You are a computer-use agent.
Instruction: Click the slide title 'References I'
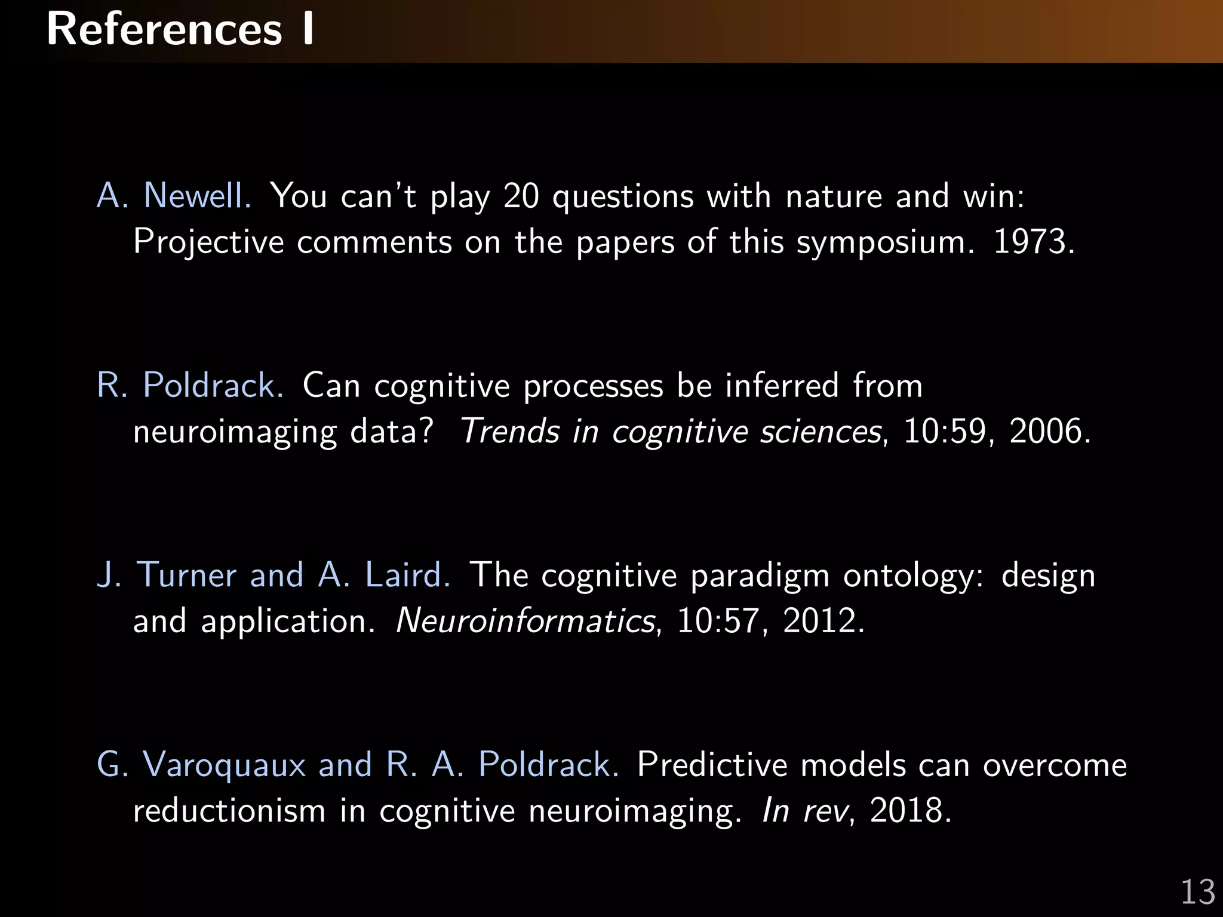[x=179, y=30]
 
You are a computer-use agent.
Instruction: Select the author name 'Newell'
[x=197, y=196]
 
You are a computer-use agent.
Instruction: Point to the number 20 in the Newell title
[x=521, y=196]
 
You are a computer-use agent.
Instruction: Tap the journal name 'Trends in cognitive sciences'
[x=671, y=431]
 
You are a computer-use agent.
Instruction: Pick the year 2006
[x=1049, y=431]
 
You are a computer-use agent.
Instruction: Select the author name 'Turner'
[x=187, y=575]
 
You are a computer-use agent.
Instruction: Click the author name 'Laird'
[x=407, y=575]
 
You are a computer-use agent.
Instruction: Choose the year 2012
[x=823, y=621]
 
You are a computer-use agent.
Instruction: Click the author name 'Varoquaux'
[x=224, y=765]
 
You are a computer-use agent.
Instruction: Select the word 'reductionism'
[x=229, y=811]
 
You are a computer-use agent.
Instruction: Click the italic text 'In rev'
[x=805, y=811]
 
